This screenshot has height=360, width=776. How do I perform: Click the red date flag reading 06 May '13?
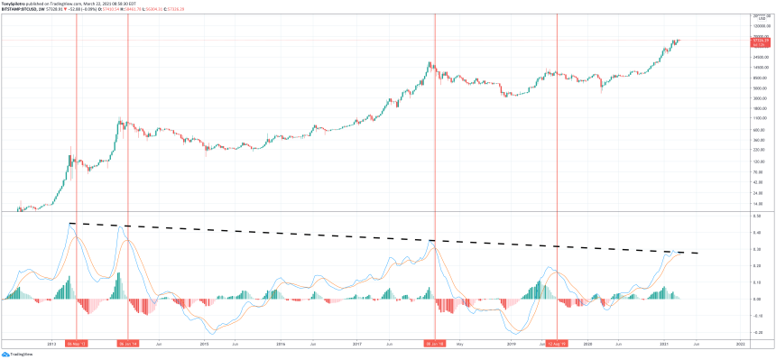77,343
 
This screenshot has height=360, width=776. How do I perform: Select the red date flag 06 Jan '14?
129,343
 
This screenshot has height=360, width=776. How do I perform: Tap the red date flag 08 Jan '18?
436,343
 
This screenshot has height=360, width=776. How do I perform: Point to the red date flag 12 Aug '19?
558,343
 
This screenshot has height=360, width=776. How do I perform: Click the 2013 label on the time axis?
51,344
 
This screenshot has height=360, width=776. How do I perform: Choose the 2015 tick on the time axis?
204,344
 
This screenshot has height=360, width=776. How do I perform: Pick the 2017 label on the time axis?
357,344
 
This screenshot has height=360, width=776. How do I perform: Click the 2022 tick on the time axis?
740,344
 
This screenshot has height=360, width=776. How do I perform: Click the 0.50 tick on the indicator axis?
759,217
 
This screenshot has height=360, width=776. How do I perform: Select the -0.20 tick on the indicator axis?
759,332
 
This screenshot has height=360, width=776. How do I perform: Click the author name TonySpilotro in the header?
15,4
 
